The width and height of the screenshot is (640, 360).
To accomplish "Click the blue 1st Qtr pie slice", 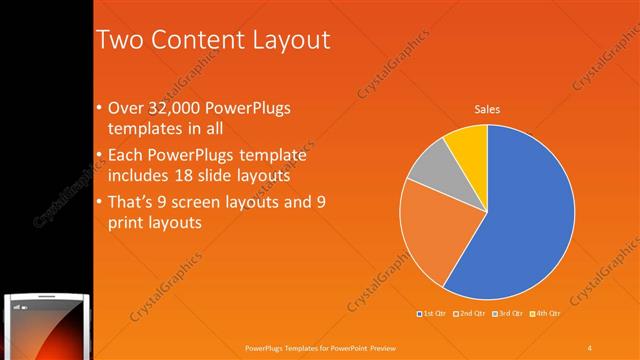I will (x=520, y=210).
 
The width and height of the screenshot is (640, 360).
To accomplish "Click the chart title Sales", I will (x=487, y=109).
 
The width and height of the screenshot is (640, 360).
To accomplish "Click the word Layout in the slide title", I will (x=291, y=40).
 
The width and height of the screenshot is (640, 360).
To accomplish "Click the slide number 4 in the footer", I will (x=590, y=347).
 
